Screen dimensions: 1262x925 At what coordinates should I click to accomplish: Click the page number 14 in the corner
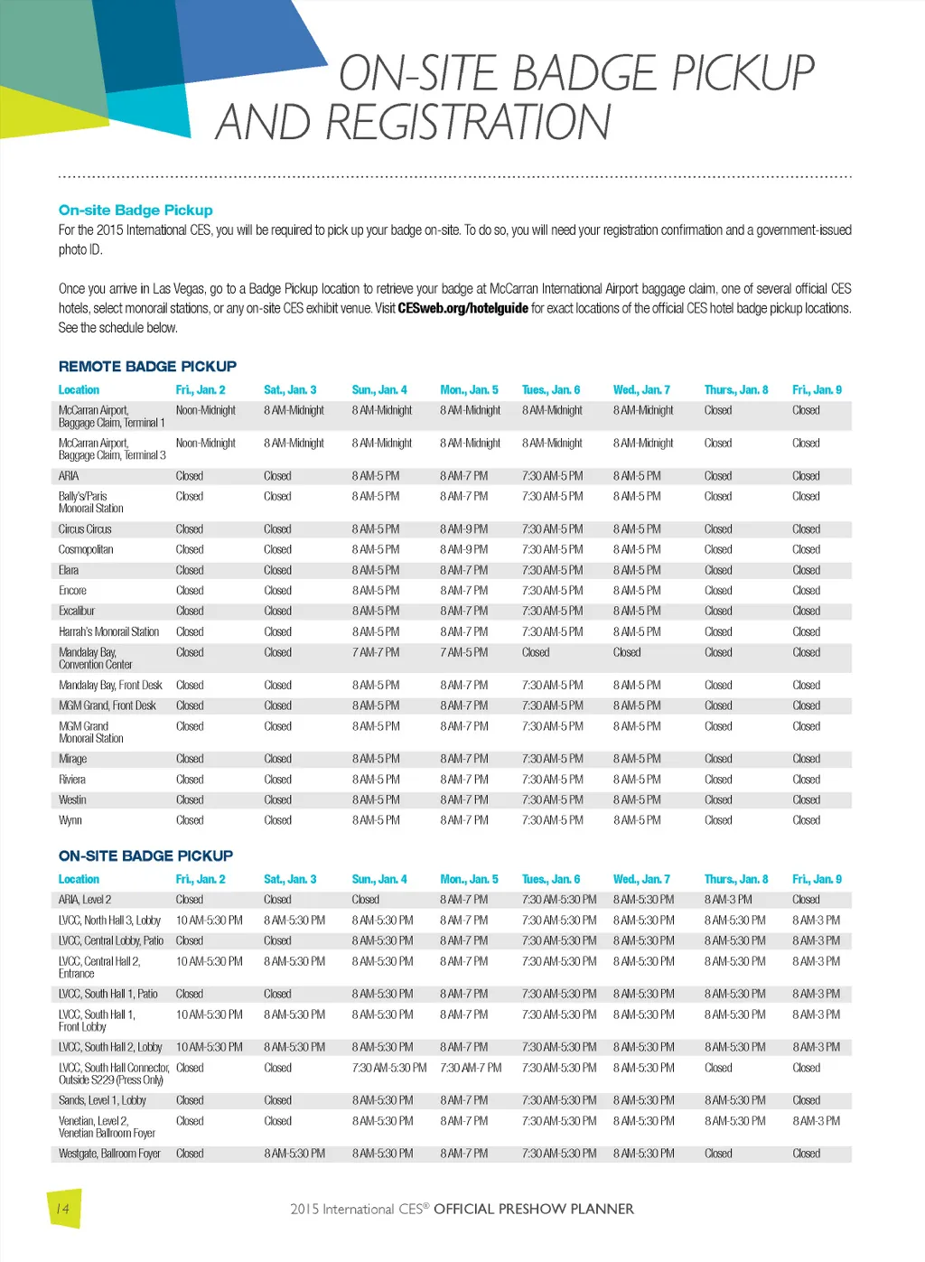(x=62, y=1209)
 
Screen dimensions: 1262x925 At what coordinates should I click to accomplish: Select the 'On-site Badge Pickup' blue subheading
(x=135, y=210)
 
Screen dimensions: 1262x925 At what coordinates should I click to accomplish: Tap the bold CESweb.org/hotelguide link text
(x=462, y=308)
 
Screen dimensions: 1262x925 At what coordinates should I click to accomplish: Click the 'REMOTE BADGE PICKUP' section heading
(x=147, y=366)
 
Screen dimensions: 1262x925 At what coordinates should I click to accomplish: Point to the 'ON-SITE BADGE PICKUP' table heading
(x=145, y=855)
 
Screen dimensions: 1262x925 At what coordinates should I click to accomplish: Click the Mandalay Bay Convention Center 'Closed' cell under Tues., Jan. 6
(x=536, y=652)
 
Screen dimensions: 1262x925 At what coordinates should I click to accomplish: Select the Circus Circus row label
(x=85, y=529)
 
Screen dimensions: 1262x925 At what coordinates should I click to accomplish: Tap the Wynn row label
(x=70, y=820)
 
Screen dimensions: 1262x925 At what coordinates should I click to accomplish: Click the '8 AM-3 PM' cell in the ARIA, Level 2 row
(x=728, y=900)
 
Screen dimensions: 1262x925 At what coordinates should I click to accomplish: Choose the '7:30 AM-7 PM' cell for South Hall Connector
(x=471, y=1068)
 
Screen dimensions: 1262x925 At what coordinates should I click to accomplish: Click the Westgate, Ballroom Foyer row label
(x=109, y=1154)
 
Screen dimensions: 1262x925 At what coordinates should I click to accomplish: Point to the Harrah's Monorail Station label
(x=108, y=631)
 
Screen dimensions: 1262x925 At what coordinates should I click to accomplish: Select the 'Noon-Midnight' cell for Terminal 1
(x=205, y=410)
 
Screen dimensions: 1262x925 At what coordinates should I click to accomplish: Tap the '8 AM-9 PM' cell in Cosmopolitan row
(x=463, y=549)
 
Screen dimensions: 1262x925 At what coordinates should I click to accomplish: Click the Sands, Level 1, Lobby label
(x=102, y=1100)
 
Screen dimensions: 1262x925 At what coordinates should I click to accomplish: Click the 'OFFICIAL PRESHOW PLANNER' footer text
(x=533, y=1209)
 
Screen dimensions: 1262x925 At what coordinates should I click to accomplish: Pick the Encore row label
(x=72, y=591)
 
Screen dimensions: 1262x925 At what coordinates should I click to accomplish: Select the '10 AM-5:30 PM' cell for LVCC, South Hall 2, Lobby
(x=209, y=1047)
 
